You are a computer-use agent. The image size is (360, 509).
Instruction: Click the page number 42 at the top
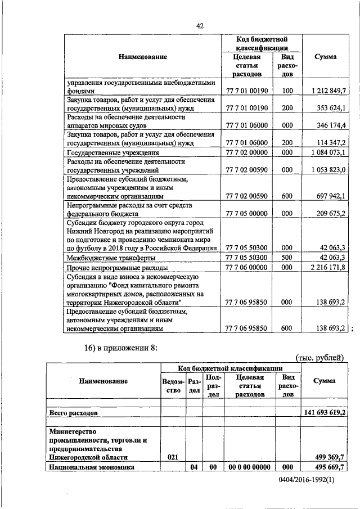pyautogui.click(x=200, y=25)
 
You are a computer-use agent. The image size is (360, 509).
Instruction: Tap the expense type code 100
pyautogui.click(x=287, y=91)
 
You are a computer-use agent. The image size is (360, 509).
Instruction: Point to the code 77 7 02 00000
pyautogui.click(x=246, y=152)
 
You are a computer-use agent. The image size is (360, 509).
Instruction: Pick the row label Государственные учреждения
pyautogui.click(x=112, y=152)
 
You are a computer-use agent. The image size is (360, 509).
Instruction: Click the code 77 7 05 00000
pyautogui.click(x=246, y=214)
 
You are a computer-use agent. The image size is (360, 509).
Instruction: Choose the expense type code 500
pyautogui.click(x=287, y=258)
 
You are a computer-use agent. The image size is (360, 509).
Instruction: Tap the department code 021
pyautogui.click(x=173, y=458)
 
